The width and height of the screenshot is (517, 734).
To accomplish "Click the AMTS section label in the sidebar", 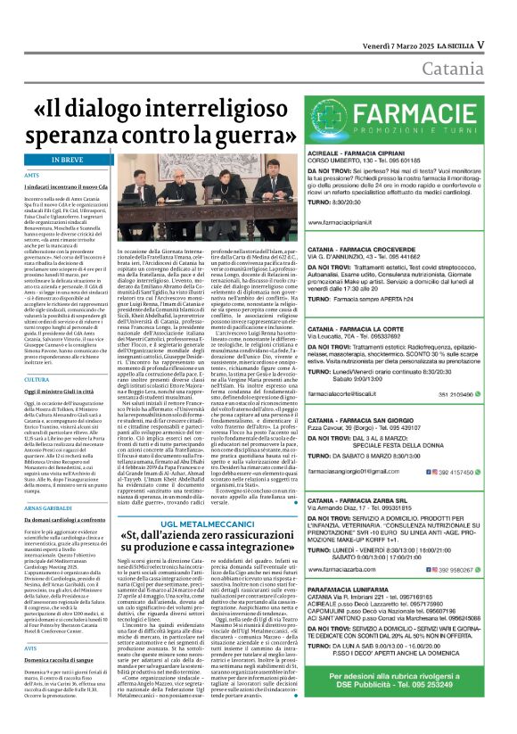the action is [32, 176].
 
